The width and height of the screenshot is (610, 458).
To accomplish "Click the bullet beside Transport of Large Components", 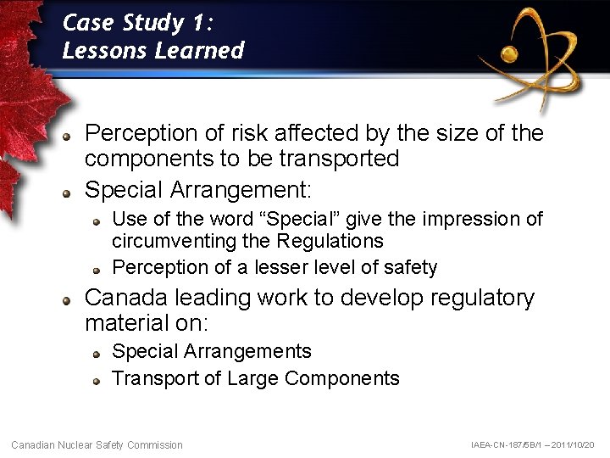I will (98, 380).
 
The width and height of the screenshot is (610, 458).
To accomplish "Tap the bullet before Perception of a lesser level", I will (98, 270).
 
